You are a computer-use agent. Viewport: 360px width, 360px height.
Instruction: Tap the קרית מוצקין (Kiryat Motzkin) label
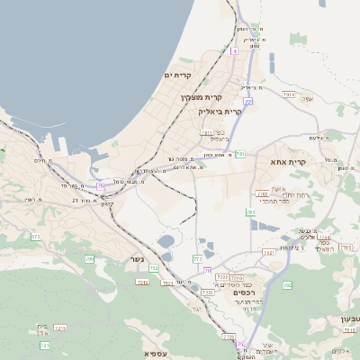pyautogui.click(x=200, y=96)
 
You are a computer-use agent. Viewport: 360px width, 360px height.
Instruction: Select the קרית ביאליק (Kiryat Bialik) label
pyautogui.click(x=220, y=112)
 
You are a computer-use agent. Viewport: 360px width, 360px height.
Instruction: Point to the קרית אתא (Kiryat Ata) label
pyautogui.click(x=289, y=162)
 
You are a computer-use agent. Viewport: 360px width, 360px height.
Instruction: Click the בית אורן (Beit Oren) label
pyautogui.click(x=42, y=328)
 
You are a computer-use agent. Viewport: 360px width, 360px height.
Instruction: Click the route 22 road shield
pyautogui.click(x=247, y=102)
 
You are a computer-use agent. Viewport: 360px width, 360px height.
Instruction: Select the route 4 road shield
pyautogui.click(x=234, y=51)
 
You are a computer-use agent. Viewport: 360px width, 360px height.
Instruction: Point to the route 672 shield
pyautogui.click(x=35, y=237)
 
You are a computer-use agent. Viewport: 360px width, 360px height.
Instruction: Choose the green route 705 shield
pyautogui.click(x=89, y=259)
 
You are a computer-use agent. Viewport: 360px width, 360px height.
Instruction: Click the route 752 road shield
pyautogui.click(x=154, y=268)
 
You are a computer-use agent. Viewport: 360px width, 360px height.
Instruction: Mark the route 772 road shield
pyautogui.click(x=197, y=259)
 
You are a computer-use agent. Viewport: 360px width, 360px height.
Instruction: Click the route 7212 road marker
pyautogui.click(x=236, y=278)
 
